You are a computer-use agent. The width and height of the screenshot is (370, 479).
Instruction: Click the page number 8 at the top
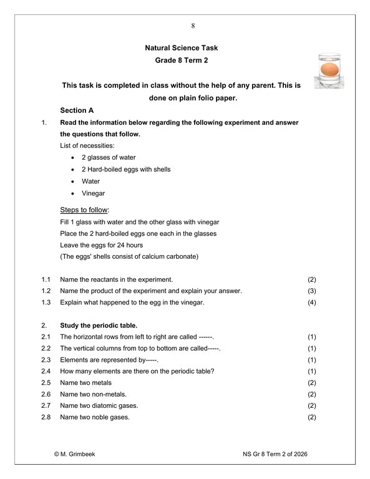coord(193,26)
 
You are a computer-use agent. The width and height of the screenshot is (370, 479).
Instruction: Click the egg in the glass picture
coord(329,68)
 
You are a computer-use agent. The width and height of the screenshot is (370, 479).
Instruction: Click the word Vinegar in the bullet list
coord(94,193)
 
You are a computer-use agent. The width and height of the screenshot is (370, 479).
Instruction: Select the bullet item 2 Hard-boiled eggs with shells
coord(126,169)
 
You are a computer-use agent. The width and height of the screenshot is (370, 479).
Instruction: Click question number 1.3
coord(46,302)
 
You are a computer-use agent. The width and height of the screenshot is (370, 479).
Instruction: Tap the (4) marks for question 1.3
coord(313,302)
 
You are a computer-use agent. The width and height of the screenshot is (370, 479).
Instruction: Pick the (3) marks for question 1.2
coord(313,291)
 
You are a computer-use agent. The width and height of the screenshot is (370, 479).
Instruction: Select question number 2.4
coord(46,371)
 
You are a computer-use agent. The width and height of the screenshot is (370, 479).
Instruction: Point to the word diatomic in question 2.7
coord(105,405)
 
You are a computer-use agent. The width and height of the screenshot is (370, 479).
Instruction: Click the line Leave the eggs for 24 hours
coord(101,245)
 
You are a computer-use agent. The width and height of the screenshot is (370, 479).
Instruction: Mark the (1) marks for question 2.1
coord(313,337)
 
